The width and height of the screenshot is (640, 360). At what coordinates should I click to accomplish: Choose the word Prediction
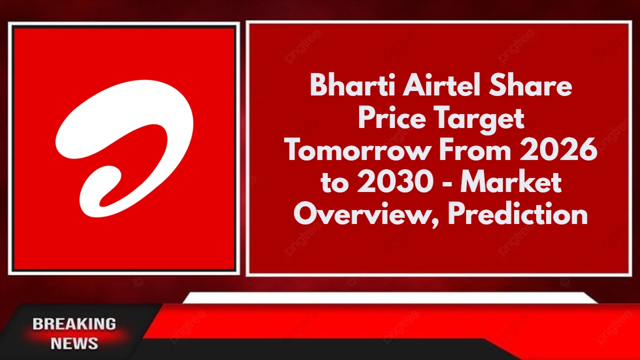pos(518,214)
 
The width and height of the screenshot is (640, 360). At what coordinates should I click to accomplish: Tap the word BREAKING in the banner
pos(74,324)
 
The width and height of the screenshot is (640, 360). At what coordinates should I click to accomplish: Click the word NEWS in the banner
pos(74,343)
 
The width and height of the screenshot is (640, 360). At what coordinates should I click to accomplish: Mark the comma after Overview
pos(438,223)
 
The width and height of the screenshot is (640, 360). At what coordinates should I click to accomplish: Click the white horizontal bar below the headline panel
pos(390,298)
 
